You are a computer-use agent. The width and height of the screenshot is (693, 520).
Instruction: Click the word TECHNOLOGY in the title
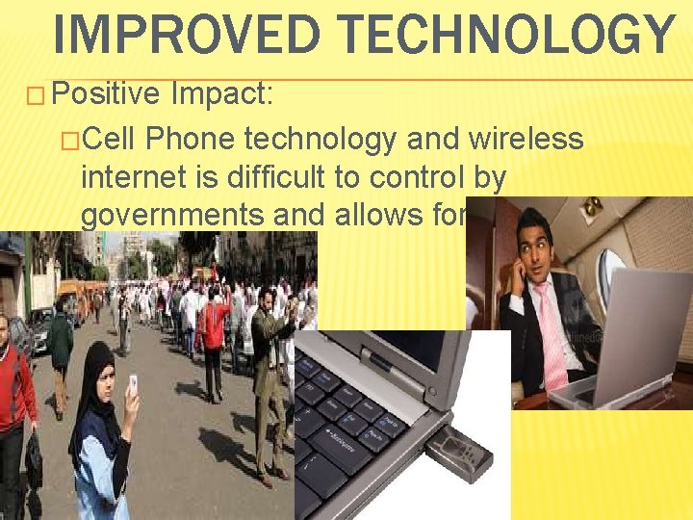tap(498, 34)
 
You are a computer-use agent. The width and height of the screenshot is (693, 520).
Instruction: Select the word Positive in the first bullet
tap(106, 93)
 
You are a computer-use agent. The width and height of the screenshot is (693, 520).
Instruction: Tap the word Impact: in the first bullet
tap(222, 93)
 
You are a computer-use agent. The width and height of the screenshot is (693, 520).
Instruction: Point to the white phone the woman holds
tap(132, 384)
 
